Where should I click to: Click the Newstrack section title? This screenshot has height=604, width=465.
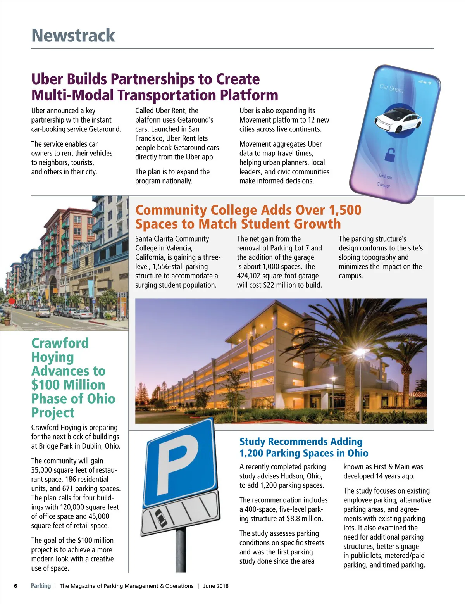click(x=73, y=36)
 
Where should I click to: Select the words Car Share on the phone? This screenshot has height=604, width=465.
click(x=391, y=88)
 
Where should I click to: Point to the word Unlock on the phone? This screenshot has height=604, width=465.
click(x=386, y=176)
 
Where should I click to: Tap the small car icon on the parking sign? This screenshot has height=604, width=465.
click(x=159, y=517)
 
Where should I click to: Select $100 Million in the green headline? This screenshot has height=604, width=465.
click(x=68, y=385)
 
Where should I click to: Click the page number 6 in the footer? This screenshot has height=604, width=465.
click(x=15, y=586)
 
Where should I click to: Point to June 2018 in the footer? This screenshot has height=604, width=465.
click(x=216, y=586)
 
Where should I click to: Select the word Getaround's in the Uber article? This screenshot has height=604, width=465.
click(x=195, y=120)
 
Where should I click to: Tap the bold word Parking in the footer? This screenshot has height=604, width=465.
click(x=41, y=586)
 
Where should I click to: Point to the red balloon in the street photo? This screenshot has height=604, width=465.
click(x=12, y=301)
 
